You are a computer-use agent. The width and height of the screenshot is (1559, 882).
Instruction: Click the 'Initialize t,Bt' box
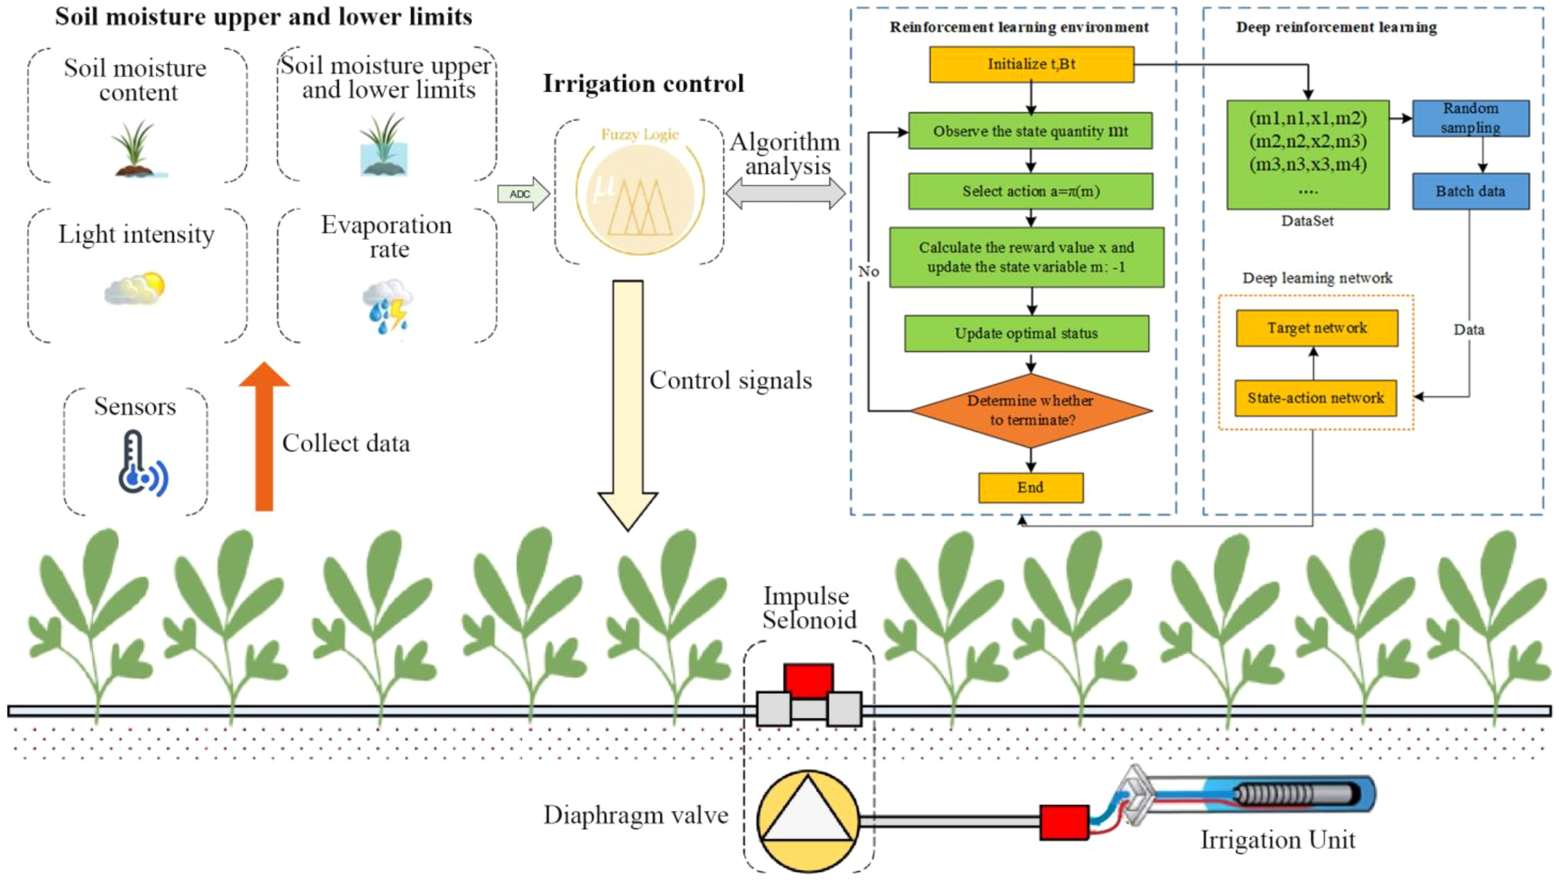pyautogui.click(x=1031, y=64)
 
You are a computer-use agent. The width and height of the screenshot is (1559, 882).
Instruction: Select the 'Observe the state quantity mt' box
pyautogui.click(x=1030, y=131)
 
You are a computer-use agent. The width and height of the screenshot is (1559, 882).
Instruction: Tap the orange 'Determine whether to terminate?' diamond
pyautogui.click(x=1031, y=410)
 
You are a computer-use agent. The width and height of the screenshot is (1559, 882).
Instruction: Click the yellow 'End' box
pyautogui.click(x=1030, y=487)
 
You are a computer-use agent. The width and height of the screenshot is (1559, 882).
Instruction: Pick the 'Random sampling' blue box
pyautogui.click(x=1470, y=118)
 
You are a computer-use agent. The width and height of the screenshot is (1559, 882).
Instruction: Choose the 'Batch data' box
pyautogui.click(x=1470, y=191)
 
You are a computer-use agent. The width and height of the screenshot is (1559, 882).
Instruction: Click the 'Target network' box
pyautogui.click(x=1316, y=328)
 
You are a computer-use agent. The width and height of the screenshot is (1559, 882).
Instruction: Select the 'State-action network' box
pyautogui.click(x=1315, y=398)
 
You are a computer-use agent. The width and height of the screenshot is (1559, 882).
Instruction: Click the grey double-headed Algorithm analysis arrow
pyautogui.click(x=785, y=194)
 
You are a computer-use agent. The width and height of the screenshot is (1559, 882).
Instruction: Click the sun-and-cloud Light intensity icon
pyautogui.click(x=135, y=289)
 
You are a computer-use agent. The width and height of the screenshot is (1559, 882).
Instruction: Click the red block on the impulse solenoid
pyautogui.click(x=808, y=681)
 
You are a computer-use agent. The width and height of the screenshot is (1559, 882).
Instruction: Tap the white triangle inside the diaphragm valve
pyautogui.click(x=808, y=813)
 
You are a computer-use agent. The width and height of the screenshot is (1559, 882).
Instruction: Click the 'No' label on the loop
pyautogui.click(x=868, y=272)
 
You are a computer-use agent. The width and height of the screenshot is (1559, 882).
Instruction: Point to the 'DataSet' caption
pyautogui.click(x=1307, y=221)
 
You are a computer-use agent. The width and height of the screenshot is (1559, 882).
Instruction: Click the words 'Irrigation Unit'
pyautogui.click(x=1277, y=840)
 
